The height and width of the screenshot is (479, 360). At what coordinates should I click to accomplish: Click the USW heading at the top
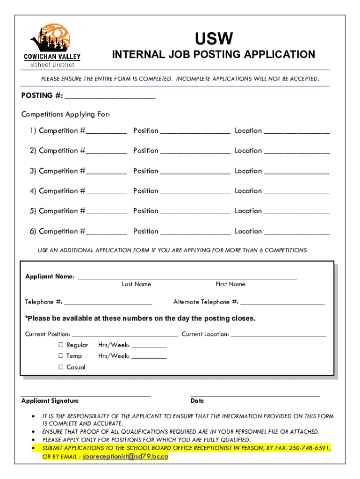pos(214,39)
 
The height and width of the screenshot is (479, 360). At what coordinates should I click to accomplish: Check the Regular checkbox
pos(61,345)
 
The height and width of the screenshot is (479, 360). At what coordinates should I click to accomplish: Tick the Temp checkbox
pos(61,356)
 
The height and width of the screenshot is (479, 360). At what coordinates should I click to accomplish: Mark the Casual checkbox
pos(61,367)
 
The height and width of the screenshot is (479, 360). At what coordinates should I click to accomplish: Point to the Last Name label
pos(136,284)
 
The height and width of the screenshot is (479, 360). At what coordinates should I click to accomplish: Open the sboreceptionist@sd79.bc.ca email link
pos(125,457)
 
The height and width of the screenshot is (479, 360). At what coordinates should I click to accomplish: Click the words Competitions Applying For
pos(65,115)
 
